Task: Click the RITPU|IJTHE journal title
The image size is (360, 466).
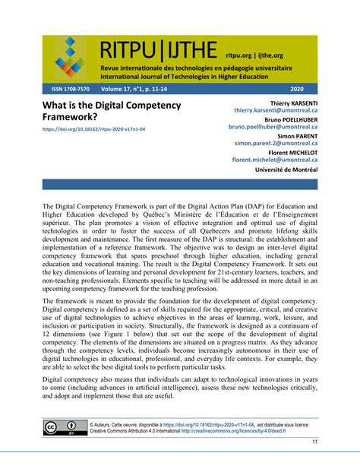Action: [159, 51]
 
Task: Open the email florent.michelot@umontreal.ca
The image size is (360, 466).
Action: [275, 161]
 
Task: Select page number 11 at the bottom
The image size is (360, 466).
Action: [314, 442]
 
